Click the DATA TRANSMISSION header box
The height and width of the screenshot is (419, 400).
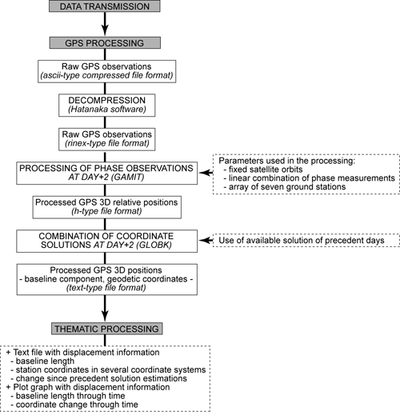[x=105, y=6]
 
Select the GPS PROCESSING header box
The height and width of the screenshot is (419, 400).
[x=105, y=42]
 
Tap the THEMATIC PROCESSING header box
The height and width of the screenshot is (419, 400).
[x=107, y=329]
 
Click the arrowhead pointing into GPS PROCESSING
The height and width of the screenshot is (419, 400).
[x=105, y=30]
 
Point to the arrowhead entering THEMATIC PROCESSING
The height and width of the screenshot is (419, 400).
[x=105, y=316]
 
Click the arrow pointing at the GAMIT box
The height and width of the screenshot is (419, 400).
[x=206, y=173]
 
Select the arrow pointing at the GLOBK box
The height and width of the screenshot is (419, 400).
[x=206, y=240]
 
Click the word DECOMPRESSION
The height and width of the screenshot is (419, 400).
[x=107, y=100]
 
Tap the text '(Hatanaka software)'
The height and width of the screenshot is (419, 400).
[x=107, y=110]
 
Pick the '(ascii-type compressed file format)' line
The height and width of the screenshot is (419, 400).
[x=107, y=75]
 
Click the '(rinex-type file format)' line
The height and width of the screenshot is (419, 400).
[x=107, y=143]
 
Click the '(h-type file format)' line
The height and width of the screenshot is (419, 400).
[x=106, y=211]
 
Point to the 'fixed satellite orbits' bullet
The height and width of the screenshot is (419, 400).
[x=263, y=170]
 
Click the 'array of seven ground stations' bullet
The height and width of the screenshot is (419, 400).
[x=285, y=186]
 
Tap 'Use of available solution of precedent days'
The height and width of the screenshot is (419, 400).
[x=302, y=240]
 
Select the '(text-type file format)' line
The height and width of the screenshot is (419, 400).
[x=106, y=288]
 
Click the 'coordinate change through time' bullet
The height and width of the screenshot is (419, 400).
[x=74, y=405]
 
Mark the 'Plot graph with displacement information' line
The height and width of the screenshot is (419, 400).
[x=88, y=387]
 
